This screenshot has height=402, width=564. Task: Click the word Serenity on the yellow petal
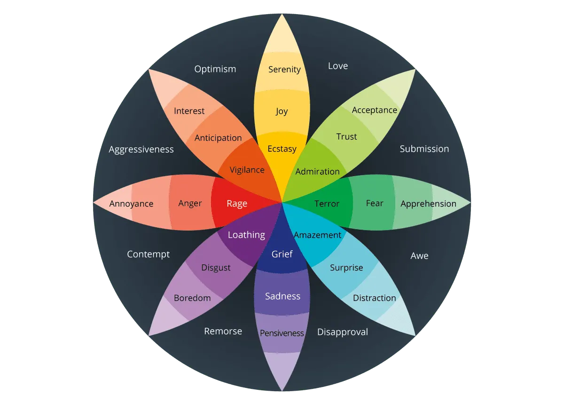pyautogui.click(x=284, y=70)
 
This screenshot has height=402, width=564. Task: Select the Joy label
pyautogui.click(x=282, y=111)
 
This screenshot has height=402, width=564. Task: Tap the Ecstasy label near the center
pyautogui.click(x=282, y=149)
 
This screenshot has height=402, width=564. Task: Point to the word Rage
pyautogui.click(x=237, y=203)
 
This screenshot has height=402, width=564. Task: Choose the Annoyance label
pyautogui.click(x=131, y=204)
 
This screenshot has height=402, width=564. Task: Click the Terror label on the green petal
pyautogui.click(x=327, y=203)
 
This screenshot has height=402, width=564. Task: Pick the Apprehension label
pyautogui.click(x=428, y=204)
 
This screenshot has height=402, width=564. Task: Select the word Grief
pyautogui.click(x=282, y=254)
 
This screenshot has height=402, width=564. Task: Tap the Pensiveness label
pyautogui.click(x=282, y=333)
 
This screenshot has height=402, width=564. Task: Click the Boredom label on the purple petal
pyautogui.click(x=192, y=298)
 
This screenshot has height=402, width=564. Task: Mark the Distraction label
pyautogui.click(x=375, y=298)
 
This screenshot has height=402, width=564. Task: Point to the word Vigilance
pyautogui.click(x=247, y=170)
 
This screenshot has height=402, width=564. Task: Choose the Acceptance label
pyautogui.click(x=375, y=110)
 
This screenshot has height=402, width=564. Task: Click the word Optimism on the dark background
pyautogui.click(x=215, y=69)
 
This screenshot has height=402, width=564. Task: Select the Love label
pyautogui.click(x=338, y=66)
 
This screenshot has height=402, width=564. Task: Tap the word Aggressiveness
pyautogui.click(x=141, y=149)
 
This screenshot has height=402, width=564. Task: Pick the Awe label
pyautogui.click(x=419, y=256)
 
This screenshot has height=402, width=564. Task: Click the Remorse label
pyautogui.click(x=223, y=331)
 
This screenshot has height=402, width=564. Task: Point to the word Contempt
pyautogui.click(x=148, y=254)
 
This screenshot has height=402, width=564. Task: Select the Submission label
pyautogui.click(x=424, y=149)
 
